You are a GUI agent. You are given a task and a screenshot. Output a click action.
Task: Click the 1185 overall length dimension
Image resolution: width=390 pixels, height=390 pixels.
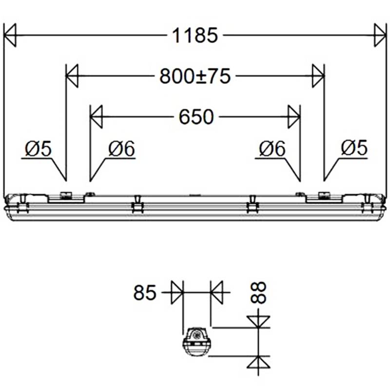point(194,36)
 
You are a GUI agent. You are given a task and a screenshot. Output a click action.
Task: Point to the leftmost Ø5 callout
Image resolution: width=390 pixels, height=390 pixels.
point(37,149)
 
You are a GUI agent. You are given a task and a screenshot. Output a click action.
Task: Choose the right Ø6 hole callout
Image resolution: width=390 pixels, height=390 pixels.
point(272,149)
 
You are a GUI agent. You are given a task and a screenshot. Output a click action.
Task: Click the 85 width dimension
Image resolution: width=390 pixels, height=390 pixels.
point(144,293)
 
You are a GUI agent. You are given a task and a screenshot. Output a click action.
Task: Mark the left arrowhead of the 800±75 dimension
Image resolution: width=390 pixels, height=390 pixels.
point(72,76)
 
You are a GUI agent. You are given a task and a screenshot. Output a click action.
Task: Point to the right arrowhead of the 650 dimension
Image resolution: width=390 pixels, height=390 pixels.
point(293,117)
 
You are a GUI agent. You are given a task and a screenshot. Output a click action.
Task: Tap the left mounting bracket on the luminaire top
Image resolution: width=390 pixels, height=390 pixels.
point(65,196)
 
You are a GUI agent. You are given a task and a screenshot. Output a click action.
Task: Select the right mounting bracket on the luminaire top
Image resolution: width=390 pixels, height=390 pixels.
point(323,196)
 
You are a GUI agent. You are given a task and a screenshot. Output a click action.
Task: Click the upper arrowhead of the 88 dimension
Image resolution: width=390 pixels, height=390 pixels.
point(258,322)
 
